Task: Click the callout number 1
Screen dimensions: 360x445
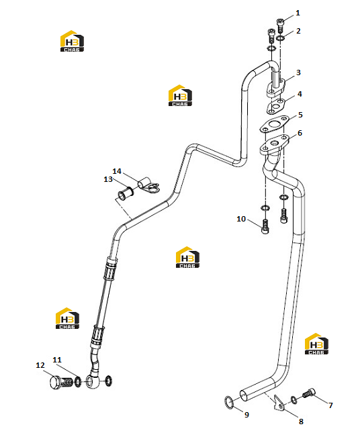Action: coord(298,13)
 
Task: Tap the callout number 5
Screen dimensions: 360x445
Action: coord(300,115)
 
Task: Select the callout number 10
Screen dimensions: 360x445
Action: coord(241,219)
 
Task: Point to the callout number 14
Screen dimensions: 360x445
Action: coord(117,171)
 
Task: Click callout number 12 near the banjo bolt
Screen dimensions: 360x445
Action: coord(40,365)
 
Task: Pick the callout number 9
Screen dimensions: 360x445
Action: coord(246,415)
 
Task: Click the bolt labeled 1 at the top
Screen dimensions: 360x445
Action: coord(280,26)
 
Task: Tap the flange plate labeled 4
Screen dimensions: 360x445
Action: coord(275,106)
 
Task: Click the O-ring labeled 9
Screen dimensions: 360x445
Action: coord(229,402)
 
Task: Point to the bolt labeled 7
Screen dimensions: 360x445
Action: coord(309,393)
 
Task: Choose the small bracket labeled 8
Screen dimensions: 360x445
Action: coord(279,402)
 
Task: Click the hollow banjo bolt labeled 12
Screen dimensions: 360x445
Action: coord(61,382)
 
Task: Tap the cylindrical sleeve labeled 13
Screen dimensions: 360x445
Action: coord(126,193)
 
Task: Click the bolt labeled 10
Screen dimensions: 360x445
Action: coord(265,226)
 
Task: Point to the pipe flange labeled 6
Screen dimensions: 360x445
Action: coord(275,144)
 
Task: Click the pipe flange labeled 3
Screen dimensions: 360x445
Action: coord(275,87)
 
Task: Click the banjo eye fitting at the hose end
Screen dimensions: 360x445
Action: coord(93,381)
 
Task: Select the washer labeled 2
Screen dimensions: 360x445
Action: coord(280,38)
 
